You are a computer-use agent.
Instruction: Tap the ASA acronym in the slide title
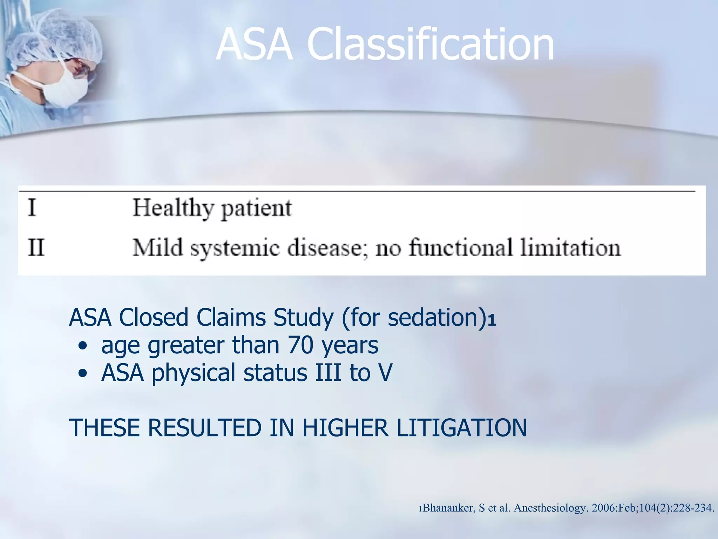click(x=254, y=45)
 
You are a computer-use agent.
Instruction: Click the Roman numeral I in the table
click(x=32, y=208)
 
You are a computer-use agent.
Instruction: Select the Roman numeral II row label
click(x=36, y=247)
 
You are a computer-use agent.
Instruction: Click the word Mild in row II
click(x=157, y=247)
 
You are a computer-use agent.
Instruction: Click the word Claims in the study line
click(x=232, y=318)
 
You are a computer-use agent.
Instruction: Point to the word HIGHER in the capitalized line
click(x=345, y=428)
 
